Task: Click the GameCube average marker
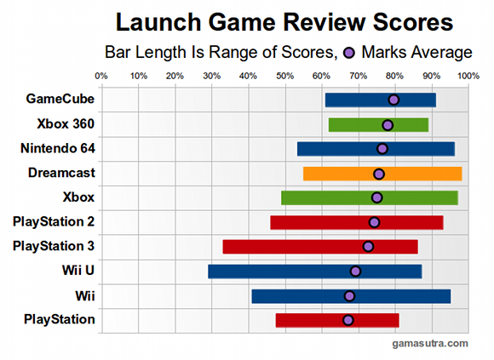[393, 100]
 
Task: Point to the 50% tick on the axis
[284, 77]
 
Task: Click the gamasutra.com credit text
[430, 343]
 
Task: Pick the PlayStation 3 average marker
[368, 247]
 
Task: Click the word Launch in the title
[158, 21]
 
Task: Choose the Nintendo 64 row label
[57, 149]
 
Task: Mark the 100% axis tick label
[468, 77]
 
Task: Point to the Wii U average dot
[355, 271]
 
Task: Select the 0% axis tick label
[101, 77]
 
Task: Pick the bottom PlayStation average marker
[348, 320]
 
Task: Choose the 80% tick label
[395, 77]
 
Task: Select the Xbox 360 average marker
[388, 125]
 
